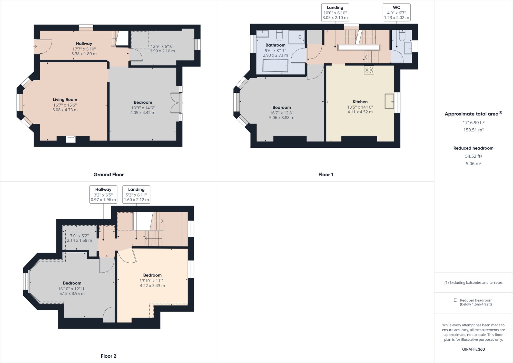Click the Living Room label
pos(65,100)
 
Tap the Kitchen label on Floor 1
pos(360,102)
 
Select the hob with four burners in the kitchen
pos(369,70)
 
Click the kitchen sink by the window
pos(389,101)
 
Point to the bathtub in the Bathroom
pos(275,66)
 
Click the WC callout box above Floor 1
pos(396,12)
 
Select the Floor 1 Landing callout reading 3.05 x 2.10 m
pos(335,12)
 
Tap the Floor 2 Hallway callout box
pos(103,195)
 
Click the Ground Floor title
pos(108,175)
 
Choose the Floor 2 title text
pos(108,356)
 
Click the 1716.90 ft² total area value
pos(473,123)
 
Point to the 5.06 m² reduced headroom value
pos(473,164)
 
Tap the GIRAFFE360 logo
pos(473,349)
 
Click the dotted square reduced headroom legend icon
pos(455,300)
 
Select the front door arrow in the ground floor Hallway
pos(35,47)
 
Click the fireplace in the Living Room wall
pos(71,139)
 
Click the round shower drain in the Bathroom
pos(300,37)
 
